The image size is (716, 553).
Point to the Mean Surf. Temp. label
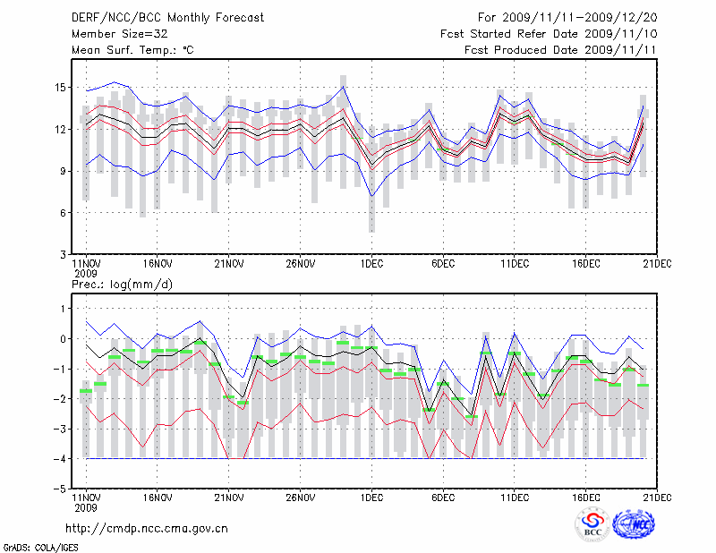pyautogui.click(x=132, y=50)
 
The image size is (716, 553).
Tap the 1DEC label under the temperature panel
pyautogui.click(x=371, y=264)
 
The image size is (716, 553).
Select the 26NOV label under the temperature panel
pyautogui.click(x=301, y=264)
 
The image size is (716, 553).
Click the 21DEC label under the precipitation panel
pyautogui.click(x=658, y=497)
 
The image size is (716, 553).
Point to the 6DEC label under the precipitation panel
pyautogui.click(x=443, y=497)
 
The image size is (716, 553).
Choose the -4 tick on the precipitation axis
pyautogui.click(x=60, y=459)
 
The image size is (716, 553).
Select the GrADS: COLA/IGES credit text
pyautogui.click(x=40, y=546)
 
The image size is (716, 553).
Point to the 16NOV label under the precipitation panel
pyautogui.click(x=157, y=497)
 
